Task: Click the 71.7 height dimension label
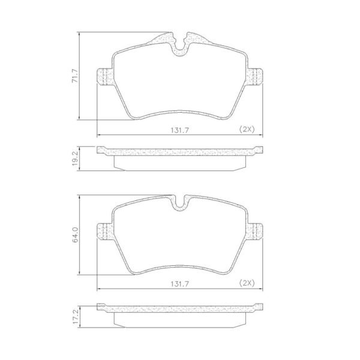(x=75, y=76)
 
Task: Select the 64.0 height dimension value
(x=75, y=235)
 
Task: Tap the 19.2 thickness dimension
(x=75, y=158)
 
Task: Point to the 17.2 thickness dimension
(x=75, y=317)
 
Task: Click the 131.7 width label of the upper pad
(x=179, y=130)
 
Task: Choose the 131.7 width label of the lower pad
(x=179, y=284)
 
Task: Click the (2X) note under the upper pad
(x=247, y=130)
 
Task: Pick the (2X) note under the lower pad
(x=247, y=283)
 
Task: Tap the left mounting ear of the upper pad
(x=104, y=76)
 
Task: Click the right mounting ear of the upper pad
(x=255, y=76)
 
